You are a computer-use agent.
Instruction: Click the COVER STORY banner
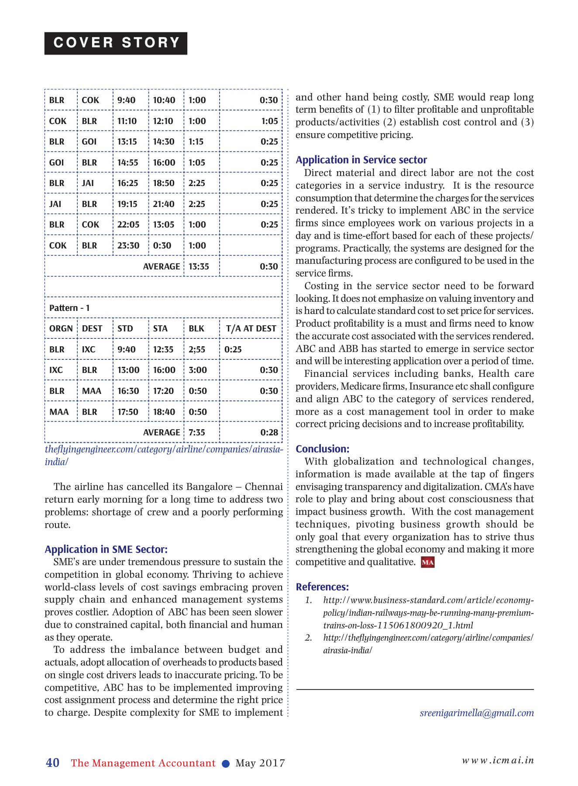click(x=116, y=43)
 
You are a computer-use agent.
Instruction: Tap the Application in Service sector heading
click(x=361, y=160)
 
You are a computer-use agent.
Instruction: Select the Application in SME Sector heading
click(x=106, y=549)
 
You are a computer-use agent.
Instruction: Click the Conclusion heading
click(x=322, y=449)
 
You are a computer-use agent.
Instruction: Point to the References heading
click(x=322, y=587)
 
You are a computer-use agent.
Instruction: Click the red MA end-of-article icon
click(x=427, y=562)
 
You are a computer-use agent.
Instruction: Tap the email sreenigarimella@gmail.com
click(x=477, y=713)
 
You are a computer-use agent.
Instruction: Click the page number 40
click(x=53, y=763)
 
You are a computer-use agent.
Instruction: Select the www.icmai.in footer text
click(x=498, y=760)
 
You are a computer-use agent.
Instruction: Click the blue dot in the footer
click(x=226, y=763)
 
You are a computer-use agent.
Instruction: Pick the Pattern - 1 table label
click(x=69, y=308)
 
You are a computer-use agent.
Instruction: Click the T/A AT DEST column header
click(x=251, y=328)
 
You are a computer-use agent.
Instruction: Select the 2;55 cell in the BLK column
click(x=197, y=349)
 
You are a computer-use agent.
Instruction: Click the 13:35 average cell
click(x=199, y=266)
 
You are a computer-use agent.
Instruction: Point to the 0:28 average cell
click(x=269, y=432)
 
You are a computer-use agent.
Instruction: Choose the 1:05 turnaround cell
click(x=269, y=121)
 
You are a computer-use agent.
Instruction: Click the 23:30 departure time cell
click(x=128, y=245)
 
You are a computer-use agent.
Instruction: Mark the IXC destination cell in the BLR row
click(x=89, y=349)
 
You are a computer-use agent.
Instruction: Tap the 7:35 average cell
click(x=197, y=432)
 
